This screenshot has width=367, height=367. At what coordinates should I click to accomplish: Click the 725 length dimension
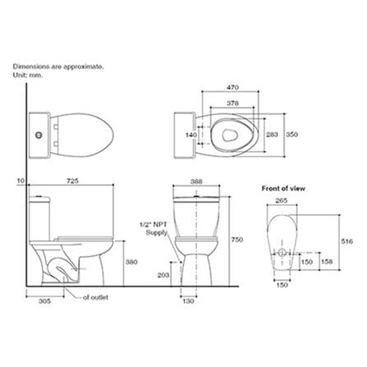(x=72, y=181)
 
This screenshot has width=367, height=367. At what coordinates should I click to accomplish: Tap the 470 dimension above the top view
(x=232, y=88)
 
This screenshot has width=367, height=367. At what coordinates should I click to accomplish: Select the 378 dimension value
(x=232, y=103)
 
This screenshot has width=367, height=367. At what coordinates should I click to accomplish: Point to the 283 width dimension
(x=272, y=135)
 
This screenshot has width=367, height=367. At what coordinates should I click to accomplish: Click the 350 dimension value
(x=291, y=135)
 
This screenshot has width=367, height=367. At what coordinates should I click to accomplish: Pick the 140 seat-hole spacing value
(x=191, y=135)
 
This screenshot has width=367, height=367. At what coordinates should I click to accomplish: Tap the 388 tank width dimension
(x=196, y=181)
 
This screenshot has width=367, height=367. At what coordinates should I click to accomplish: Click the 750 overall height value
(x=236, y=240)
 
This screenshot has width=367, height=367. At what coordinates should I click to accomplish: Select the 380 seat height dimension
(x=131, y=262)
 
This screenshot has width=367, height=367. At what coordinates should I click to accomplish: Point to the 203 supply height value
(x=163, y=275)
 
